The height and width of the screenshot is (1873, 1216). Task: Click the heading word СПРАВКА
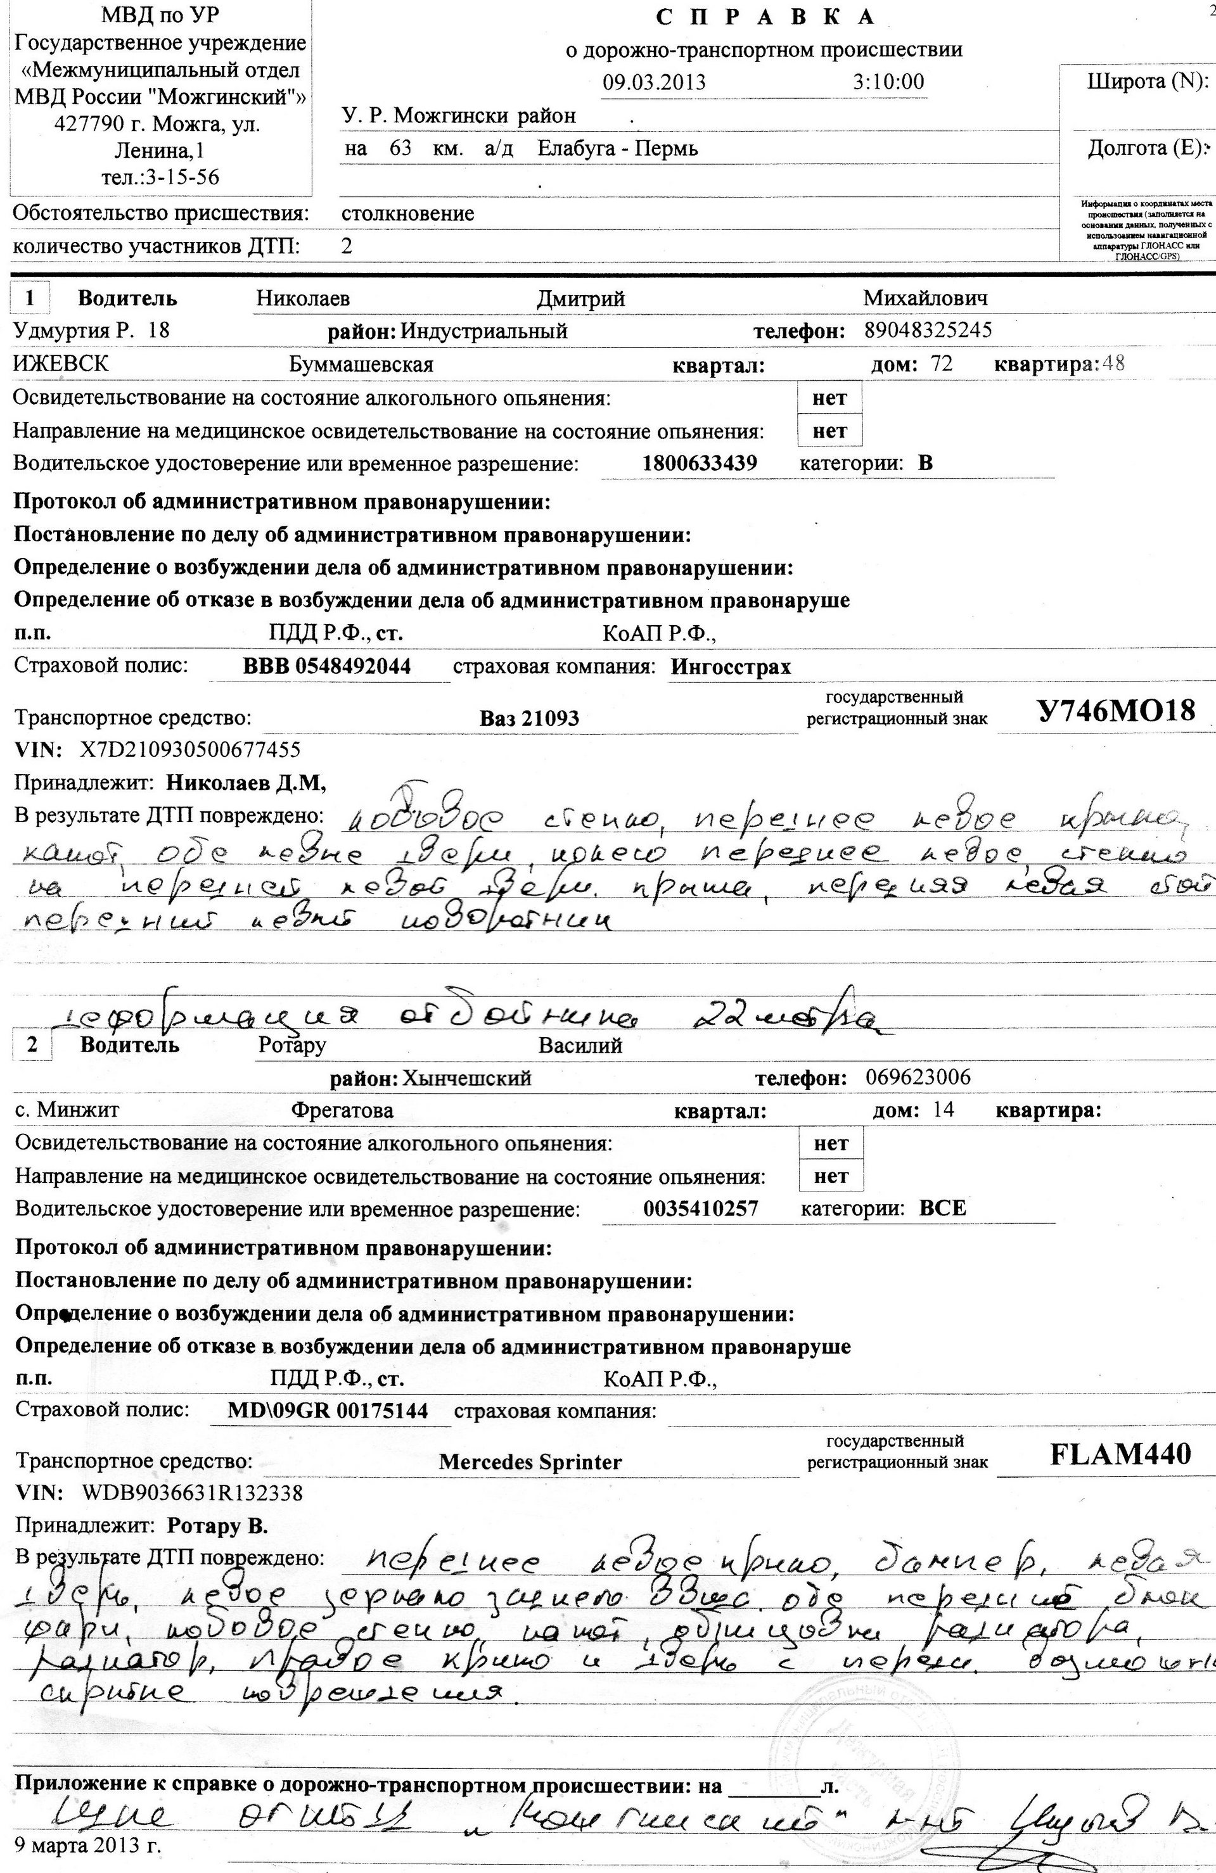click(x=764, y=16)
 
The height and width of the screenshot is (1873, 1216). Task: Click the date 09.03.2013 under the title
click(x=654, y=82)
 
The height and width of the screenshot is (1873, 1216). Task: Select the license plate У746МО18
click(x=1115, y=712)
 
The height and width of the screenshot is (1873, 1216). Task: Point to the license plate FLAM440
click(x=1120, y=1454)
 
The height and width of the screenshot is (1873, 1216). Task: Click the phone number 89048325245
click(x=928, y=330)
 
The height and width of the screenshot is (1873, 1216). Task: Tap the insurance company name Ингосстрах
click(x=731, y=668)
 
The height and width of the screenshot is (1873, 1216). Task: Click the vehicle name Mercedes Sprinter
click(x=530, y=1462)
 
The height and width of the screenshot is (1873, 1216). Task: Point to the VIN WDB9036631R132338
click(x=192, y=1493)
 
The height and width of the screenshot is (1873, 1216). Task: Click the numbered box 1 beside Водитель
click(x=30, y=298)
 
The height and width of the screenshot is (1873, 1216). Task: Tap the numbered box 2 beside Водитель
click(x=32, y=1045)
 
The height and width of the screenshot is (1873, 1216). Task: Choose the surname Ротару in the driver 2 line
click(x=291, y=1045)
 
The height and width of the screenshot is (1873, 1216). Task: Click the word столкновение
click(x=407, y=213)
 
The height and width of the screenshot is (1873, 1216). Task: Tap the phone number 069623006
click(x=918, y=1077)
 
